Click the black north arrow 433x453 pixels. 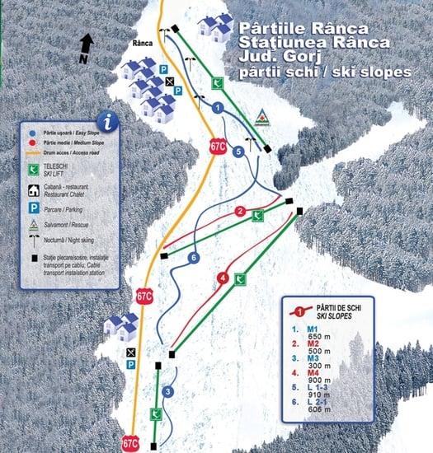87,46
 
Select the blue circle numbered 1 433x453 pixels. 218,107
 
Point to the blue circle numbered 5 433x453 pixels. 238,152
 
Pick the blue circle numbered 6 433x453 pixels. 193,258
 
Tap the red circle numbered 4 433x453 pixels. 223,278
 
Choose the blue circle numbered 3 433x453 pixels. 167,391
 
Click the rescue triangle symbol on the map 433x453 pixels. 261,116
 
